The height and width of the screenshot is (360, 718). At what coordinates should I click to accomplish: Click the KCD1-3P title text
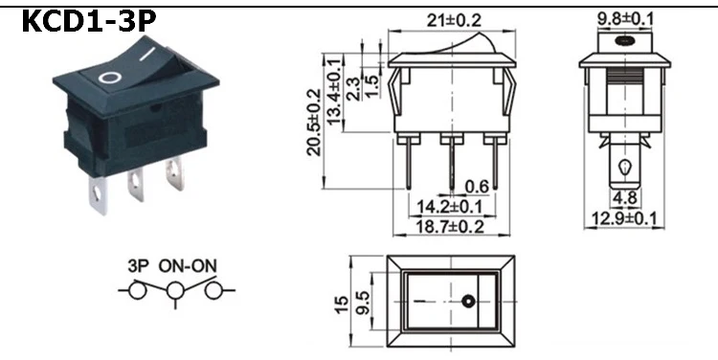click(x=89, y=21)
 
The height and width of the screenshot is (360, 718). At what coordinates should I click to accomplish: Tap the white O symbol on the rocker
click(x=110, y=78)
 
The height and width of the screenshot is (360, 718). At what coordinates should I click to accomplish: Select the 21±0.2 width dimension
click(x=454, y=21)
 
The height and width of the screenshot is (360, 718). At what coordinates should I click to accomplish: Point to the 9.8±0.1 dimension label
click(x=625, y=19)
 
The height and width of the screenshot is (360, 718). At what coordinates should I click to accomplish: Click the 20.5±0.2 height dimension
click(x=314, y=123)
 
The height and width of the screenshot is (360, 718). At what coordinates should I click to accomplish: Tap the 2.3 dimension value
click(x=353, y=88)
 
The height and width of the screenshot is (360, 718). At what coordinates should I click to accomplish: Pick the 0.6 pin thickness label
click(x=477, y=187)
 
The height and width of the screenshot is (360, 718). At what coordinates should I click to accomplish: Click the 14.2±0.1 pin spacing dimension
click(x=449, y=207)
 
